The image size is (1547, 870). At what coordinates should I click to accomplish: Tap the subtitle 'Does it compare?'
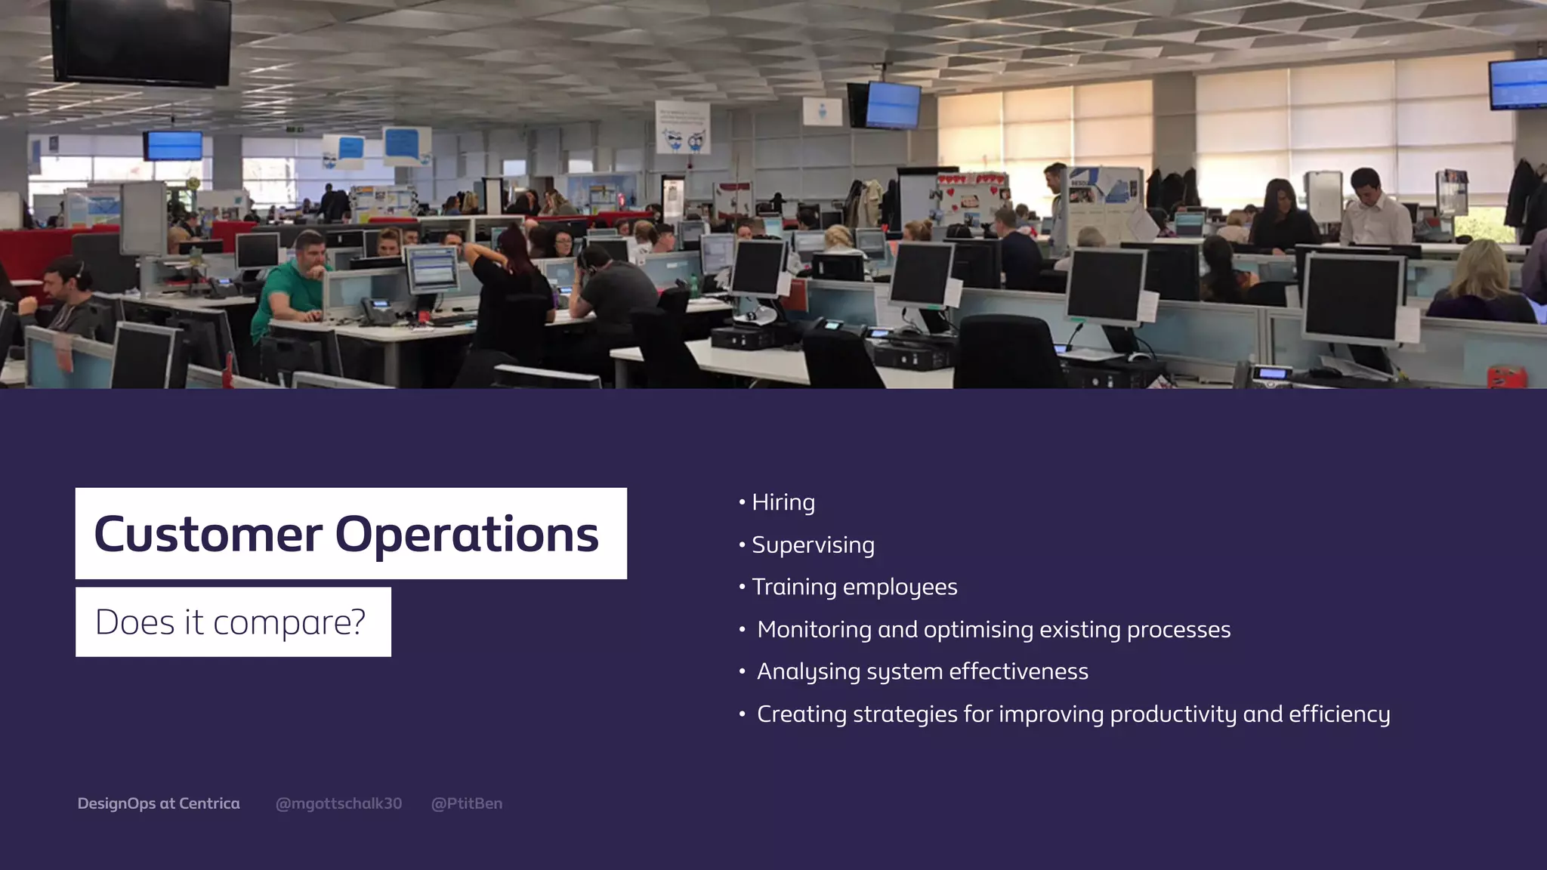tap(230, 622)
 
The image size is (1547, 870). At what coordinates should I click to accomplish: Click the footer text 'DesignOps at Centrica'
tap(159, 804)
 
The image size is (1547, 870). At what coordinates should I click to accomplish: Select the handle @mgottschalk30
tap(338, 804)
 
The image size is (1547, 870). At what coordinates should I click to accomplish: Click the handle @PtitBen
tap(466, 804)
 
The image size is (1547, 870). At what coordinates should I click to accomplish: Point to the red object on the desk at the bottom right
tap(1506, 376)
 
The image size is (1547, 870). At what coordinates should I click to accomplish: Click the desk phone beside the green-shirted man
tap(378, 310)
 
